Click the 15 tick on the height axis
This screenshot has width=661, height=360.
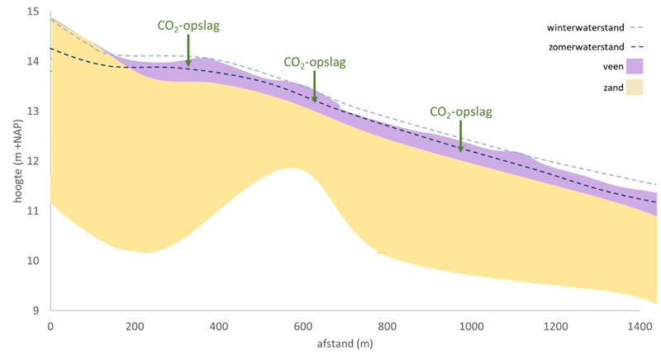tap(32, 12)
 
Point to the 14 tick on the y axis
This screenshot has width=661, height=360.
tap(32, 61)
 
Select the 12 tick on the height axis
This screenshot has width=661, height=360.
tap(32, 161)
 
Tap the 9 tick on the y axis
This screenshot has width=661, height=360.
tap(35, 310)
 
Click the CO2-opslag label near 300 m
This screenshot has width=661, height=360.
tap(188, 26)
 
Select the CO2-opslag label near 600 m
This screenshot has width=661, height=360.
tap(314, 62)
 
